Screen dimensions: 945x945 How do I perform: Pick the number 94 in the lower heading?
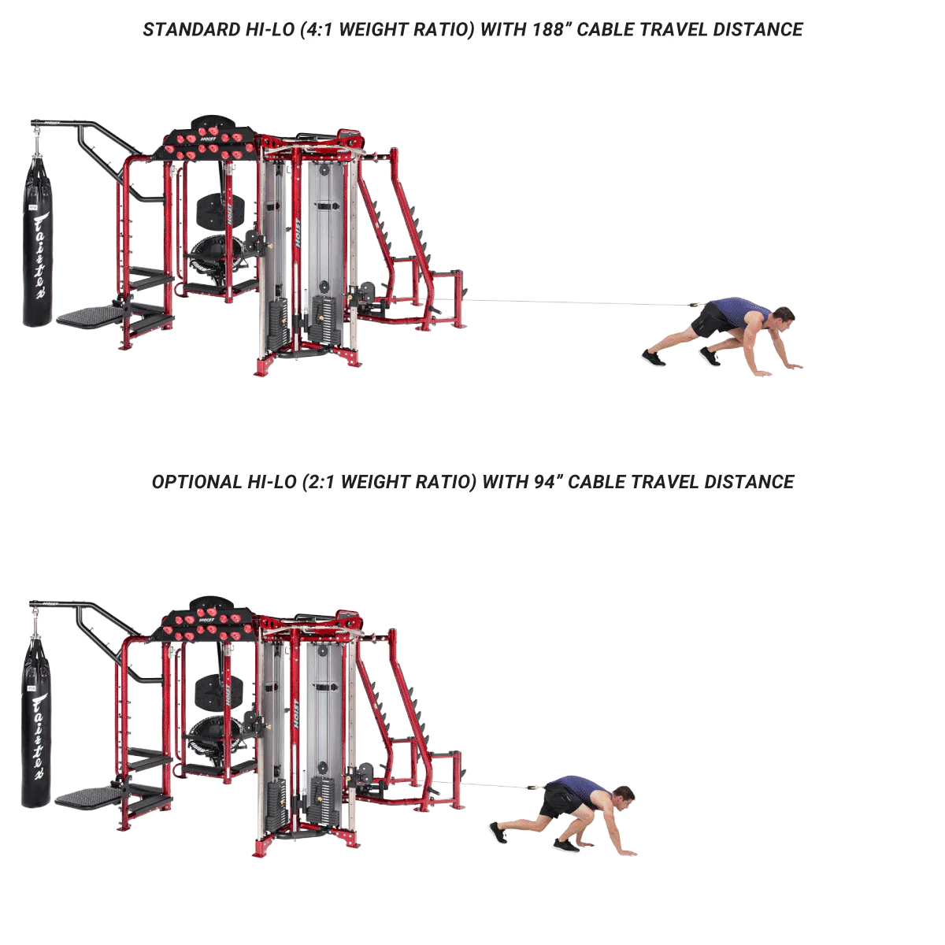point(544,482)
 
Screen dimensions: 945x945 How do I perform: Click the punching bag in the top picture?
point(37,240)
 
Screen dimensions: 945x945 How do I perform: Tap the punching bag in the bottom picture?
point(35,721)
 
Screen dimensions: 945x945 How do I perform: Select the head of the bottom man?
point(623,798)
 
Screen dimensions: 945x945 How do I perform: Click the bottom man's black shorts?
point(559,800)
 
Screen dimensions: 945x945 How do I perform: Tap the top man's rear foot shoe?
point(653,358)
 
